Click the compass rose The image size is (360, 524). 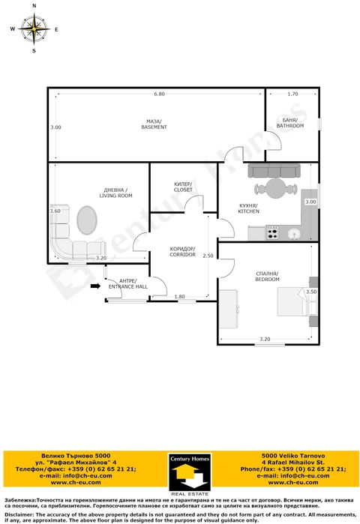point(34,29)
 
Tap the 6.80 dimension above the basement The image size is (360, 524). point(159,94)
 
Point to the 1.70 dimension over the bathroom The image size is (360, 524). point(292,94)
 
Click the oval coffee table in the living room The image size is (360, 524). point(87,221)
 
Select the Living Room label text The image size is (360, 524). point(115,193)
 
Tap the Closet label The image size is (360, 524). point(183,187)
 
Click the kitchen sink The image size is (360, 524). point(297,233)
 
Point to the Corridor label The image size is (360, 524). point(182,252)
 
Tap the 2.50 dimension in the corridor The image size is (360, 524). point(208,256)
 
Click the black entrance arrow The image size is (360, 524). point(95,286)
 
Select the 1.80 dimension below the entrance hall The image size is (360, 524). point(179,297)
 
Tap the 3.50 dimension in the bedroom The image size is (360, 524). point(312,292)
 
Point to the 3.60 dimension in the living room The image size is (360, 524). point(55,211)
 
